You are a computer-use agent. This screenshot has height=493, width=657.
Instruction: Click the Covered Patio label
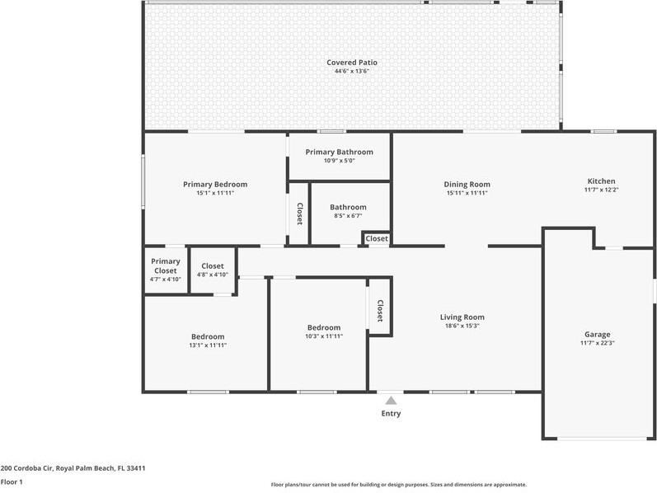[352, 62]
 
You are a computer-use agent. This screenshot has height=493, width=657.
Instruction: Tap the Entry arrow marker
[391, 400]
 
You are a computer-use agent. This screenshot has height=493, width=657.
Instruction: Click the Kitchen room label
[601, 181]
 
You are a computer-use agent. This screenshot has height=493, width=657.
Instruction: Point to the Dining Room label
[467, 184]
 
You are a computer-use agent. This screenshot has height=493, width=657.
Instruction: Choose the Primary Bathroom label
[339, 152]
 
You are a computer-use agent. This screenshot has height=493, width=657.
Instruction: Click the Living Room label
[462, 317]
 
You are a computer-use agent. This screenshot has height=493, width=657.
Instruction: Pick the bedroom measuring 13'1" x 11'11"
[208, 340]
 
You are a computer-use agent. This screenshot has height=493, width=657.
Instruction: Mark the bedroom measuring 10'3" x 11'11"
[323, 331]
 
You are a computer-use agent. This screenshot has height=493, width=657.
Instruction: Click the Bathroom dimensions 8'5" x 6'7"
[348, 216]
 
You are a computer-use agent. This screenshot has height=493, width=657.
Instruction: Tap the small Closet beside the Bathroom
[377, 238]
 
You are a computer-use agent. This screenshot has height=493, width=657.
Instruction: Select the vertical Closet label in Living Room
[380, 310]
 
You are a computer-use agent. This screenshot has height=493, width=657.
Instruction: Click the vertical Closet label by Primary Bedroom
[299, 214]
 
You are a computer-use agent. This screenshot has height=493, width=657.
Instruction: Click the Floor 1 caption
[12, 481]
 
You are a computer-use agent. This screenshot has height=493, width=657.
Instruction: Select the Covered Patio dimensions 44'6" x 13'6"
[352, 71]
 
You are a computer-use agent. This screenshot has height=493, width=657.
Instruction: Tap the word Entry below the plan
[391, 413]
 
